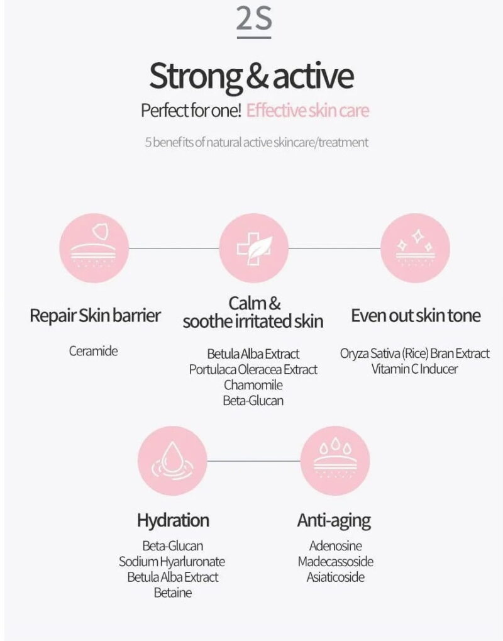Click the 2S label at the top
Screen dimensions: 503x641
254,20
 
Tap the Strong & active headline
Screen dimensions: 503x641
251,77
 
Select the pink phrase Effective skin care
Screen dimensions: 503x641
307,110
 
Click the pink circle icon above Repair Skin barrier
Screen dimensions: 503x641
94,248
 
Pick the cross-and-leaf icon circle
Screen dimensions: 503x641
254,248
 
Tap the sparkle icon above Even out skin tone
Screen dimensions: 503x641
415,248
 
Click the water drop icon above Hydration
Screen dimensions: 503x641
172,460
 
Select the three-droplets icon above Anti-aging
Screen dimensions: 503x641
335,460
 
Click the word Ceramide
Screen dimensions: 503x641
93,351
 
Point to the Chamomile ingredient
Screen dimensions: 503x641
253,385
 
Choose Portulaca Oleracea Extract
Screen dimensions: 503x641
253,369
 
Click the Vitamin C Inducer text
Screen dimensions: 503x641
415,369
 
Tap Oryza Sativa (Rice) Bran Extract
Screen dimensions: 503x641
415,354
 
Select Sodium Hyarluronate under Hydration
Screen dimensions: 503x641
172,562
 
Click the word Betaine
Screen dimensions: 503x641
173,593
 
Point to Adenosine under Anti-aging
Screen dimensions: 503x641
336,546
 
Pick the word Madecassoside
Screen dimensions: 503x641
336,562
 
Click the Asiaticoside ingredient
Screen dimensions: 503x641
336,577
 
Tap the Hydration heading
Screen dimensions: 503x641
174,521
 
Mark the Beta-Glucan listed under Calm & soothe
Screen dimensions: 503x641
253,401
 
